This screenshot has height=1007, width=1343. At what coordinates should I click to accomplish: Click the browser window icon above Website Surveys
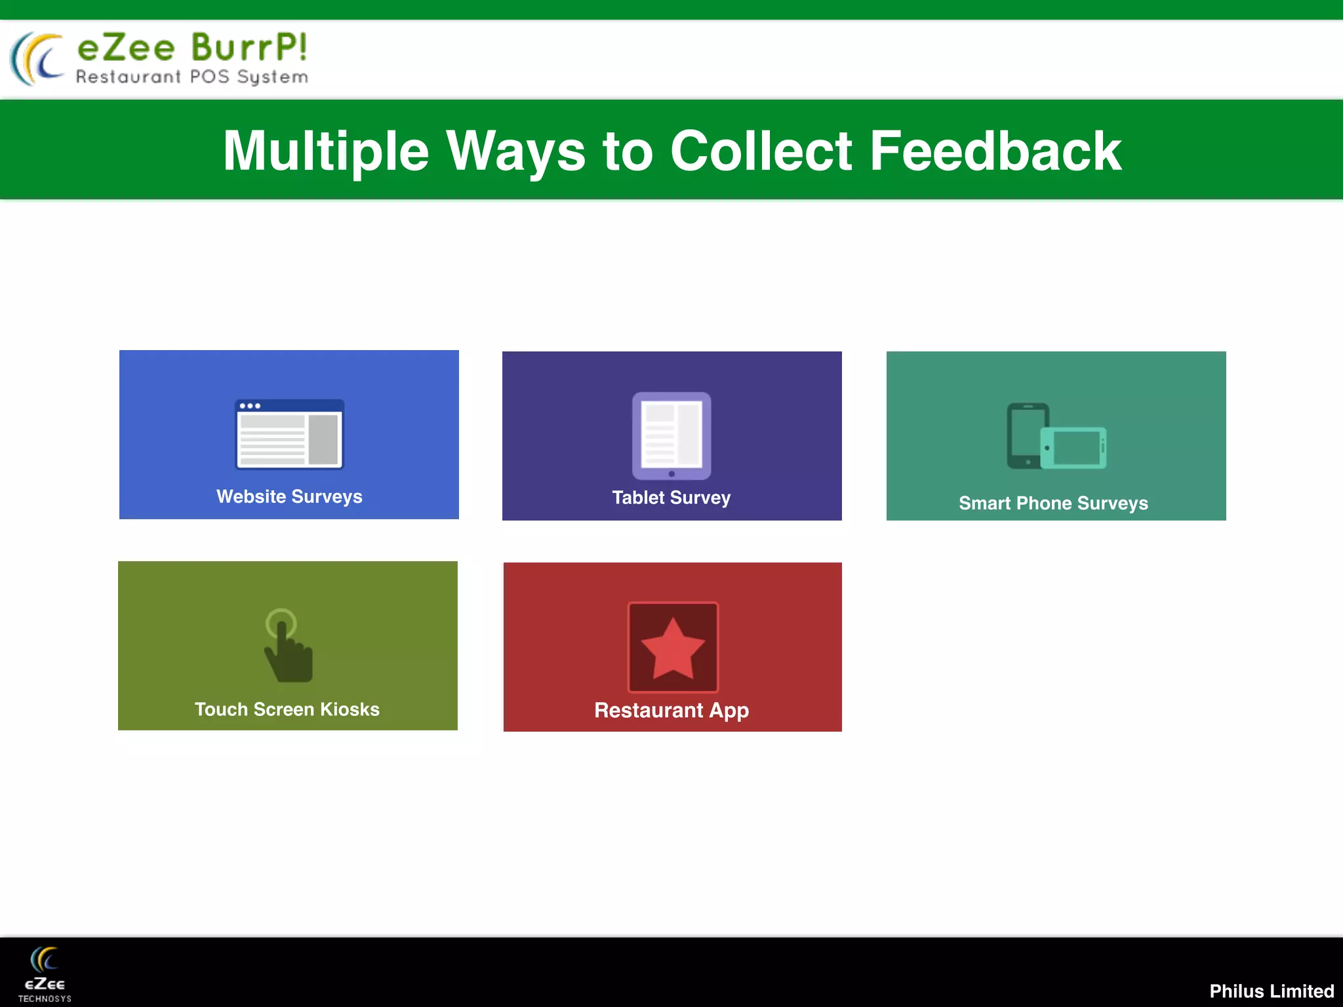point(289,434)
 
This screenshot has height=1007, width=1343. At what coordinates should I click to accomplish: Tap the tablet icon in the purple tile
point(671,435)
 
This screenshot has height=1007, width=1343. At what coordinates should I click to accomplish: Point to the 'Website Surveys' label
point(289,496)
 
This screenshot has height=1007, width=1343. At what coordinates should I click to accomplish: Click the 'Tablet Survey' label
point(671,498)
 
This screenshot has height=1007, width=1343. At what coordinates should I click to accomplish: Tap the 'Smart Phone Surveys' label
point(1053,503)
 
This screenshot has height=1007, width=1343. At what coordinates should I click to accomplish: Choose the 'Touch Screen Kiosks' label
point(287,709)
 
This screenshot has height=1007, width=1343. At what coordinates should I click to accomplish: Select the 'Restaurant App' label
point(671,710)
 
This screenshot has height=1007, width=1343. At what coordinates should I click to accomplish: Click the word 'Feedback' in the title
point(995,151)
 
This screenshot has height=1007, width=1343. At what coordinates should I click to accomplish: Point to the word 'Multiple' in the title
point(326,151)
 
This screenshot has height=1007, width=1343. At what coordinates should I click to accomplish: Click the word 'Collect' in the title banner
point(761,151)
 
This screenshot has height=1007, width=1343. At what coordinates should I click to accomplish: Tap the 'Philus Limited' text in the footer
point(1272,991)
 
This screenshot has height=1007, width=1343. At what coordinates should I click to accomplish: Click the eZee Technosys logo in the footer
point(45,974)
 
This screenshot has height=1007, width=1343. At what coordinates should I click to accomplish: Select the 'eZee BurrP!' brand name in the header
point(192,48)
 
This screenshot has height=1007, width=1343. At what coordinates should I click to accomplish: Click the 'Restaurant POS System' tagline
point(192,77)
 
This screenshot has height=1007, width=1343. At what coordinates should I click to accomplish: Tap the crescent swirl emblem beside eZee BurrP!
point(37,59)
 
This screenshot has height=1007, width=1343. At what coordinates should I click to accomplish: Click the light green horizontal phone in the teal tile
point(1073,448)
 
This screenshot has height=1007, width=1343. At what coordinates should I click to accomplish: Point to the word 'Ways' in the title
point(515,151)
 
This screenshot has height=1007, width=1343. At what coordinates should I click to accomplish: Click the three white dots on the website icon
point(250,406)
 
